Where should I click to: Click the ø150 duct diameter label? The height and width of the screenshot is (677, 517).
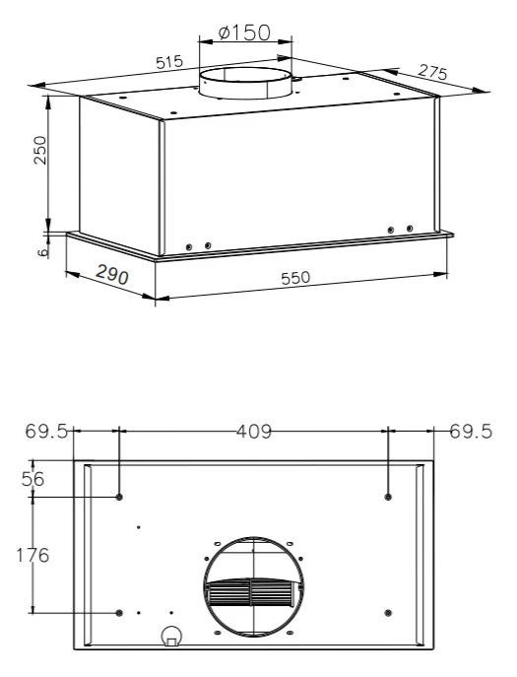[244, 33]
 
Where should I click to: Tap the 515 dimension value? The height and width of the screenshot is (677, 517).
[169, 62]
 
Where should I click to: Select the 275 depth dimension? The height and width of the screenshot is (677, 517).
[433, 72]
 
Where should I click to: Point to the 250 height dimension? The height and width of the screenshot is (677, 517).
[40, 150]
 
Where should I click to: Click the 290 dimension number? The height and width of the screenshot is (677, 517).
[112, 275]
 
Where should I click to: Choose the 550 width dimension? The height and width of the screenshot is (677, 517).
[295, 278]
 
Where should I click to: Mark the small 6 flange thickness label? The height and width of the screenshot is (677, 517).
[42, 251]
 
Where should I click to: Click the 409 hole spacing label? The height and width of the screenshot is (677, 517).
[255, 431]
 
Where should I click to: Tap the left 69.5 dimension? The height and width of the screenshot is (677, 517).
[46, 431]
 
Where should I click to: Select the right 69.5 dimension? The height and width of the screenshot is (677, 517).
[471, 431]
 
